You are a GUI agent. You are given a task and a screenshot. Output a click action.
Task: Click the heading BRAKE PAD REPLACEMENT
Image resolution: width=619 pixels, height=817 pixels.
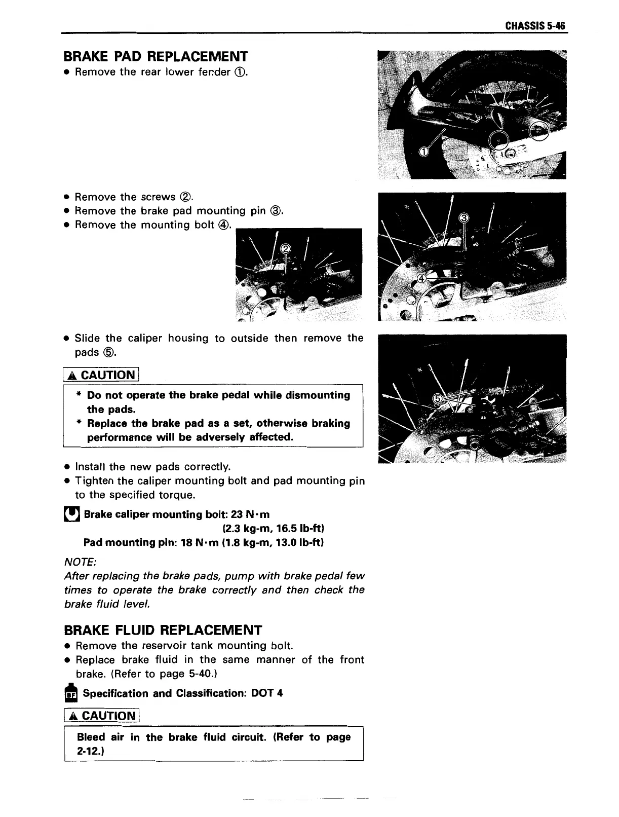(156, 56)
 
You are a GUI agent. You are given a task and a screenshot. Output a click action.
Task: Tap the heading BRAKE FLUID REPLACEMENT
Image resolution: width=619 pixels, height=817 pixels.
(163, 630)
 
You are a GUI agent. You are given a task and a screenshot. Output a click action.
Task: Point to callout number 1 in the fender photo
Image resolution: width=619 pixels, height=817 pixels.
(425, 152)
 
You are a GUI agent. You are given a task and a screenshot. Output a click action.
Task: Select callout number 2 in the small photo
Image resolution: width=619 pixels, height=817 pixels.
(286, 248)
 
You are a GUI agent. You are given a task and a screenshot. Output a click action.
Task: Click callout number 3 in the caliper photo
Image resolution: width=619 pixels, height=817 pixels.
(463, 218)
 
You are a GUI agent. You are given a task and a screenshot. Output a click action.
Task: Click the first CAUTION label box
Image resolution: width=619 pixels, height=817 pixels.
(101, 375)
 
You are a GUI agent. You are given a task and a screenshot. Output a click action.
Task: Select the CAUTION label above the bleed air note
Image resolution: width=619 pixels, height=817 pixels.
(101, 716)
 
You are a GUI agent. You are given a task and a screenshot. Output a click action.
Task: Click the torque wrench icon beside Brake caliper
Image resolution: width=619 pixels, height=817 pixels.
(71, 515)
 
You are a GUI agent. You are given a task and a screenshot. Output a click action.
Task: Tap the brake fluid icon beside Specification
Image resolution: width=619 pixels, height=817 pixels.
(71, 694)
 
